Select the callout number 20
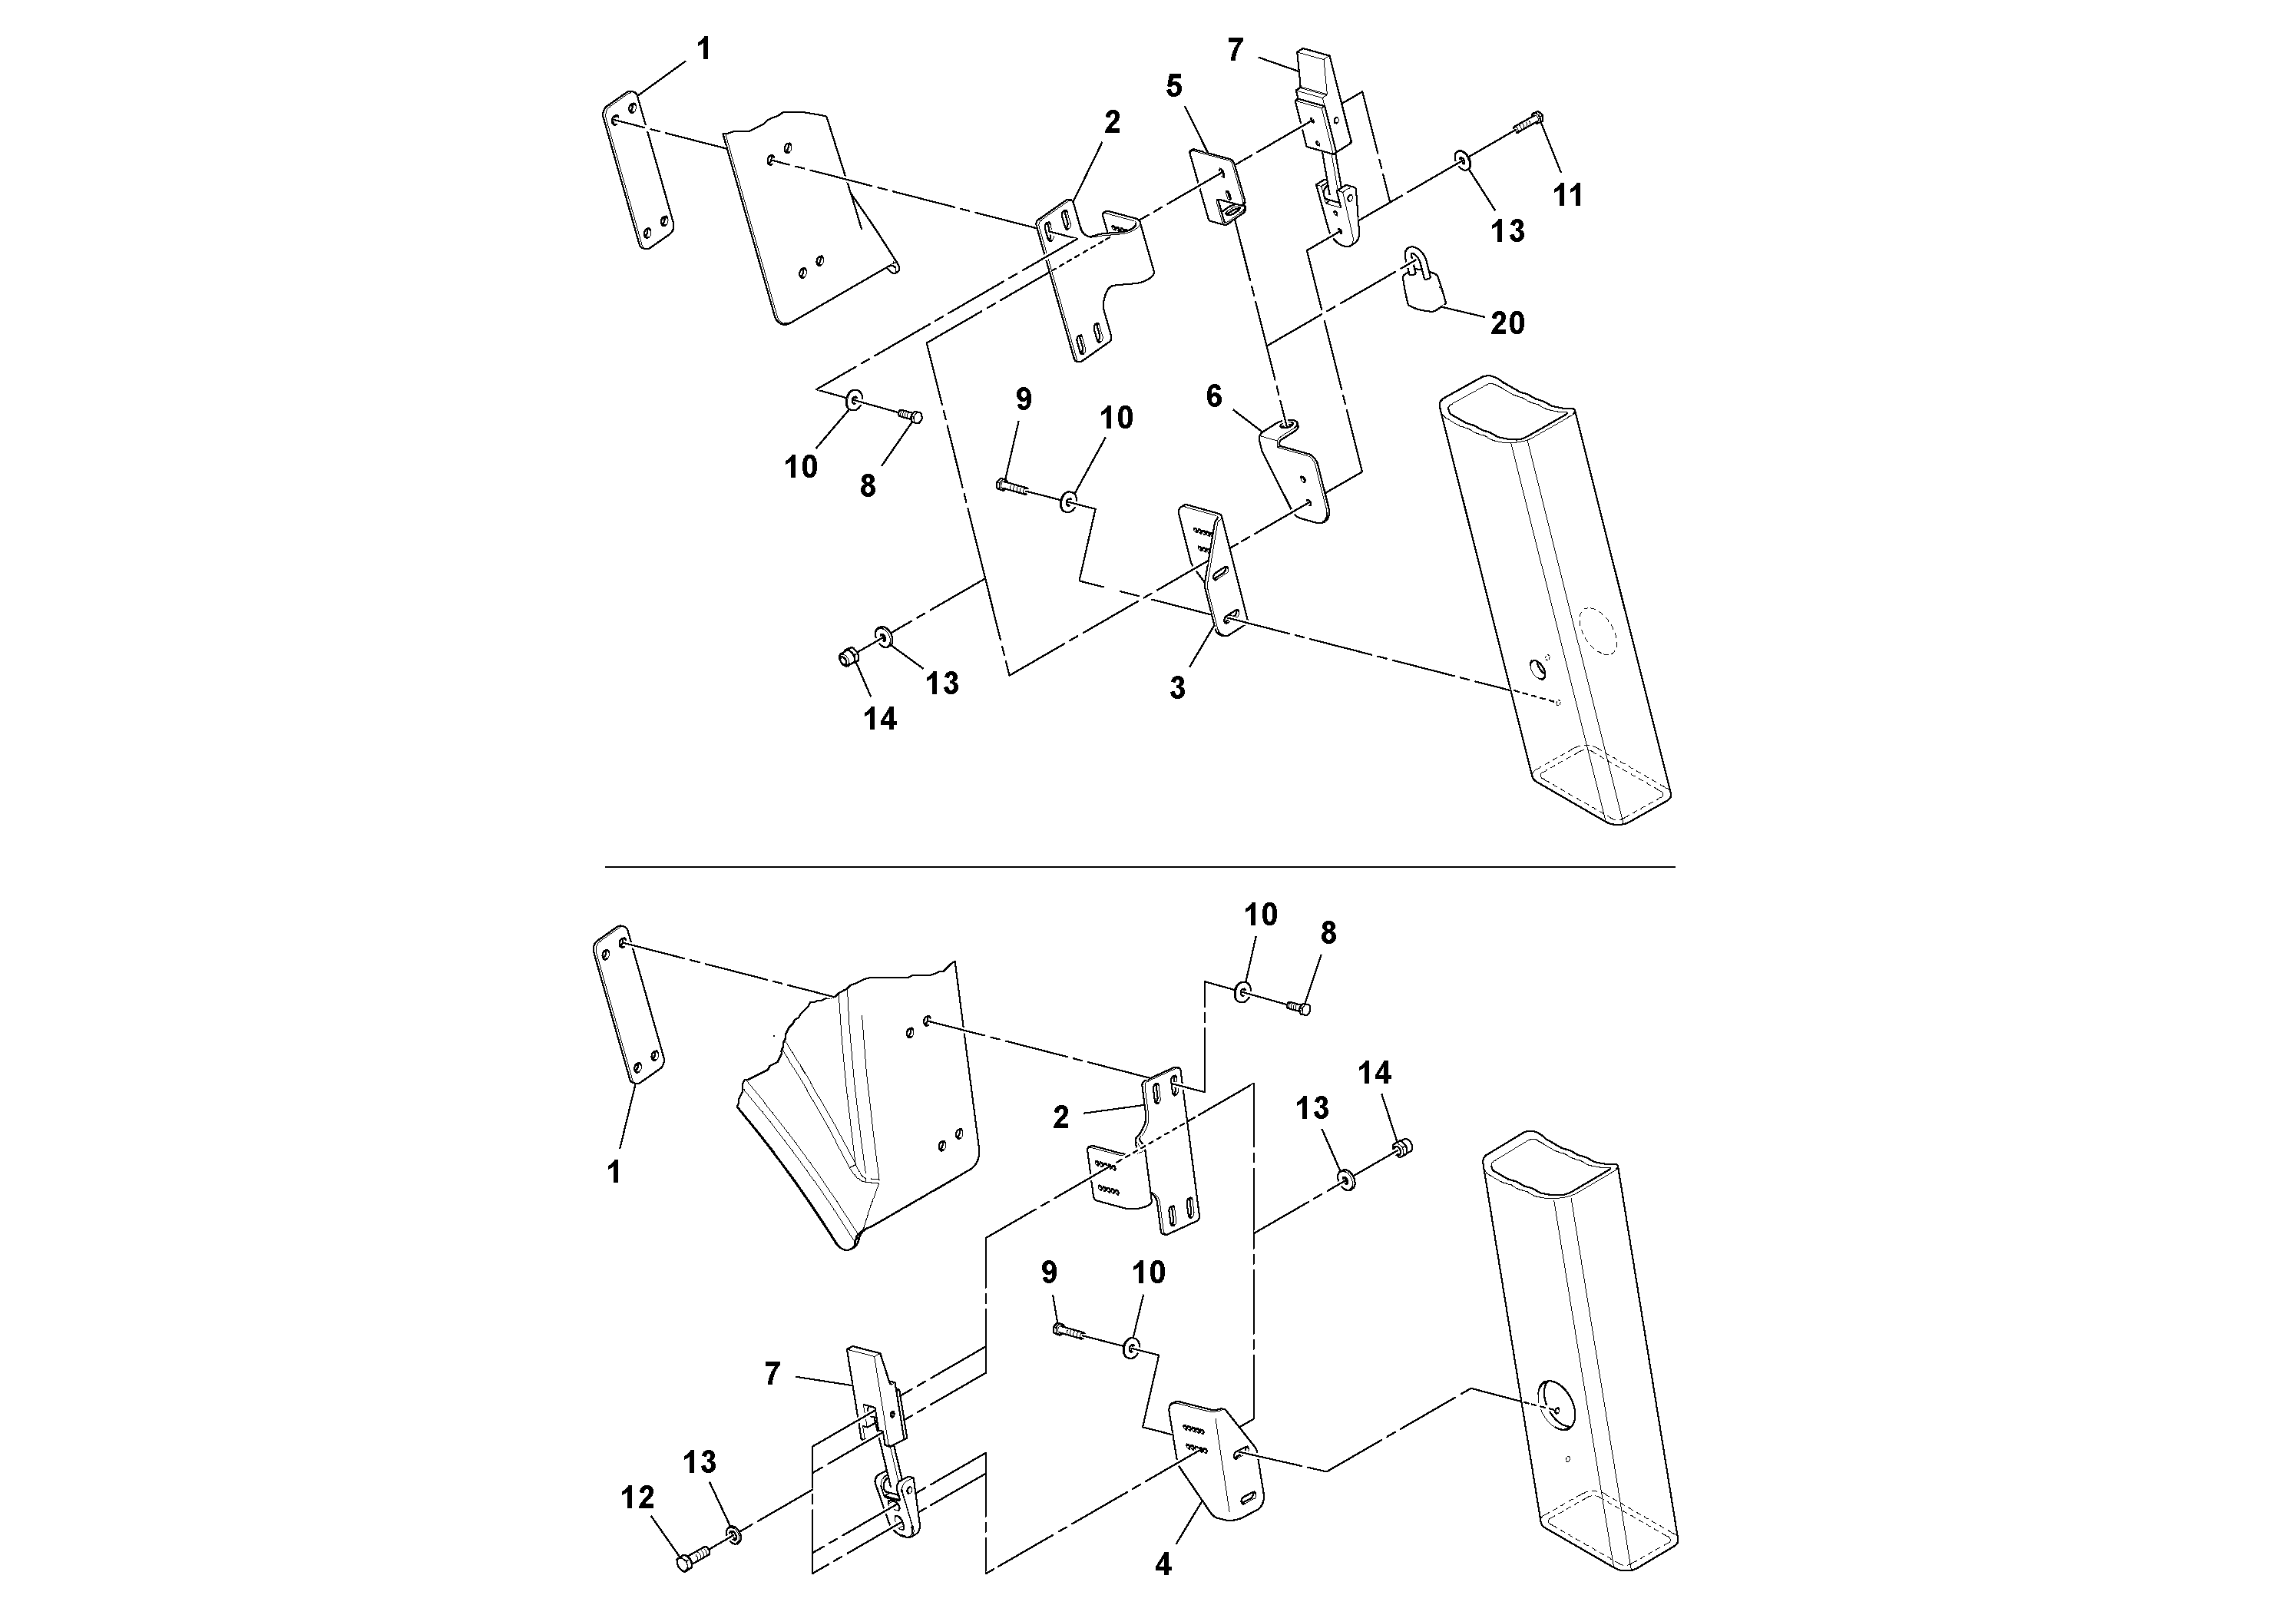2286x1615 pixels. (x=1507, y=323)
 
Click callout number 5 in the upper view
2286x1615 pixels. (x=1174, y=87)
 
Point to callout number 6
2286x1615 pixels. (x=1214, y=396)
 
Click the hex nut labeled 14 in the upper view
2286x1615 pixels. (x=849, y=657)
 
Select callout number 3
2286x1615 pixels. (x=1177, y=687)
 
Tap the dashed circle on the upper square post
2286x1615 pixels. (x=1599, y=630)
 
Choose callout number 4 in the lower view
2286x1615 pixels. (x=1163, y=1564)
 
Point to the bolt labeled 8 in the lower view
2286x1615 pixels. (x=1295, y=1008)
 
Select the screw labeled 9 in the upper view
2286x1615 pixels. (x=1011, y=487)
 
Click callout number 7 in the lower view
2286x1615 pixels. (x=772, y=1374)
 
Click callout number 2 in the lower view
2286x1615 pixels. (x=1061, y=1117)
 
